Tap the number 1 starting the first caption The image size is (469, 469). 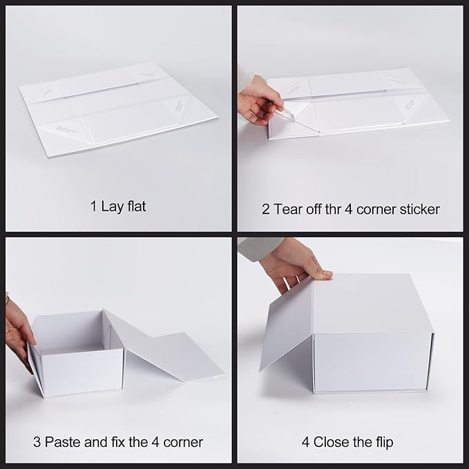[93, 206]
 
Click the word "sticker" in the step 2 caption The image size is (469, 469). [417, 209]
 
